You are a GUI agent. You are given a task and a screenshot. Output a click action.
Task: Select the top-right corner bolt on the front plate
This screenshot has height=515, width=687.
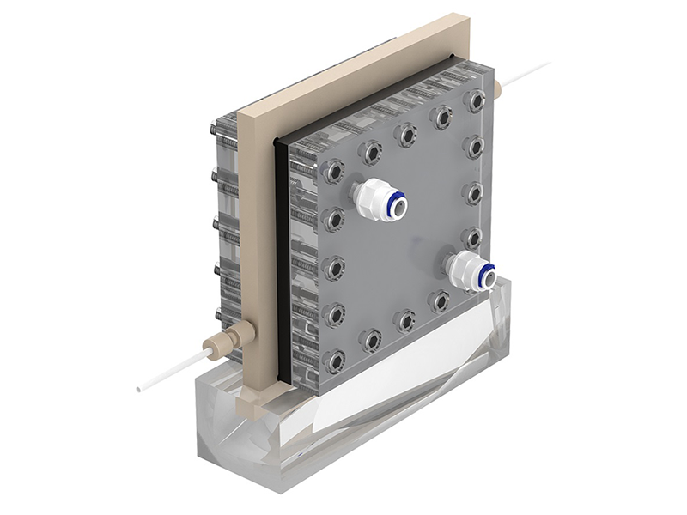point(474,100)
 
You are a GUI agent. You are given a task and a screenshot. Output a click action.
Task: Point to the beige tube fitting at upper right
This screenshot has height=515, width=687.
point(496,88)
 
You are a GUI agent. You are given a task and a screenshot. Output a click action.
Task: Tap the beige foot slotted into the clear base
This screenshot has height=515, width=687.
point(250,398)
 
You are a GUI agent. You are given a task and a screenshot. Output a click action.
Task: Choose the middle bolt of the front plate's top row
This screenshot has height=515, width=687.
point(405,134)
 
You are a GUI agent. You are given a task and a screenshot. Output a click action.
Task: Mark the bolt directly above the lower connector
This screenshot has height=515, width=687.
point(472,235)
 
